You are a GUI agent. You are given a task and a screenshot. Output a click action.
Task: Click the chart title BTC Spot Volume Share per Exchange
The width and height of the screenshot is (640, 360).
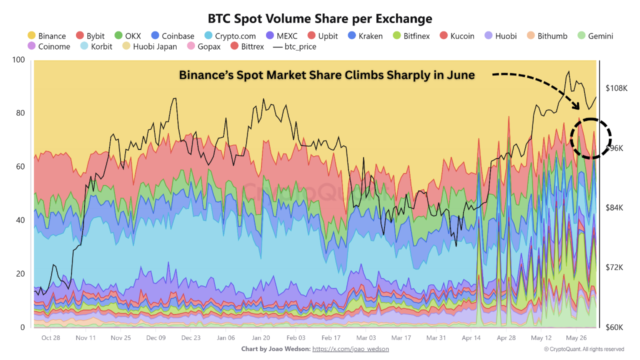pos(320,18)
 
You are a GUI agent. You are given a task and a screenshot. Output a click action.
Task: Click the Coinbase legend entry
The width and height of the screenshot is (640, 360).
pos(172,36)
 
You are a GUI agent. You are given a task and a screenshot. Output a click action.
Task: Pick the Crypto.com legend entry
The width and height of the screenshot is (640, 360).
pos(230,36)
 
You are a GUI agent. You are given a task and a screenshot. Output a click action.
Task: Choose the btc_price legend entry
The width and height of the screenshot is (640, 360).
pos(294,46)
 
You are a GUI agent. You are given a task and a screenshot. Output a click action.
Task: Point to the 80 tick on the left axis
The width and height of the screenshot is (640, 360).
pos(20,113)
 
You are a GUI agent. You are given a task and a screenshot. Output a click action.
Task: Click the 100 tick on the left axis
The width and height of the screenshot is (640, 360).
pos(18,60)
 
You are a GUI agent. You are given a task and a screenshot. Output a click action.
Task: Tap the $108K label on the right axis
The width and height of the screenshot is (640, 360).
pos(616,88)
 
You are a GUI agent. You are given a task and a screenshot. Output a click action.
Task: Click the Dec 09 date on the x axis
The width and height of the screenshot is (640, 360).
pos(155,338)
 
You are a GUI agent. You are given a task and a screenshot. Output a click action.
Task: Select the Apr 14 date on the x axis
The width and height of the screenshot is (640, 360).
pos(471,338)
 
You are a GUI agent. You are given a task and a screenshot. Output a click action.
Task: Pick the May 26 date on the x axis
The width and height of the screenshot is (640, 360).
pos(576,338)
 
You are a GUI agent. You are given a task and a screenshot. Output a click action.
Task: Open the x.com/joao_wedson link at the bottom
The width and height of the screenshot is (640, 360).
pos(350,349)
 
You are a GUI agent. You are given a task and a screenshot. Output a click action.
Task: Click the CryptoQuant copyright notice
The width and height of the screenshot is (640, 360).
pos(583,349)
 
